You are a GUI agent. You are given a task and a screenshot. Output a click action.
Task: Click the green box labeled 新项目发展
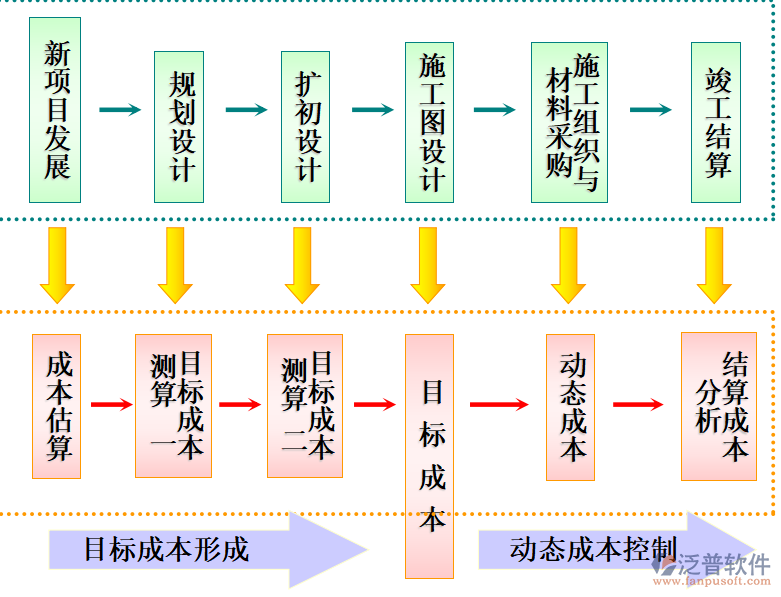pos(56,111)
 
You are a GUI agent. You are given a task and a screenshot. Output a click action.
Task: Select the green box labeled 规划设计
pos(179,127)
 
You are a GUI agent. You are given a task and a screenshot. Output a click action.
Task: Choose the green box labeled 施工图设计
pos(430,122)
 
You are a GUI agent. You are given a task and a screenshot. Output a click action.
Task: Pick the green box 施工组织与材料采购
pos(569,122)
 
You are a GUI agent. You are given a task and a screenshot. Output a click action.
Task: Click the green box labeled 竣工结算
pos(716,122)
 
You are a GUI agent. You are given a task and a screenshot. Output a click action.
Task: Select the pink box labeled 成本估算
pos(58,404)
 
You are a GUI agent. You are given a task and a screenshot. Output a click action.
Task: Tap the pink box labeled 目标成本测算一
pos(173,404)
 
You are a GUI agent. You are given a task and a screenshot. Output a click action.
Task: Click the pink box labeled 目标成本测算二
pos(305,404)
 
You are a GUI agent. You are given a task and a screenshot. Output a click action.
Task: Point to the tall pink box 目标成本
pos(430,455)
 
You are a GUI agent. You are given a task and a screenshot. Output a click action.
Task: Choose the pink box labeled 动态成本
pos(570,406)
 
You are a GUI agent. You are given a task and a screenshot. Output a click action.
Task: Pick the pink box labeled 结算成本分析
pos(718,405)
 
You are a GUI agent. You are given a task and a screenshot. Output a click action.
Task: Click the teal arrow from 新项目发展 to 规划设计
pos(119,109)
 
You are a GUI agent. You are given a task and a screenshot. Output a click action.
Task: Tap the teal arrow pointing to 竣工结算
pos(650,109)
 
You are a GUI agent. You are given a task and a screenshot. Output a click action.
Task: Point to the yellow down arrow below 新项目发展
pos(57,265)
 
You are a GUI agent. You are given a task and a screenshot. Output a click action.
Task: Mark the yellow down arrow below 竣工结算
pos(714,265)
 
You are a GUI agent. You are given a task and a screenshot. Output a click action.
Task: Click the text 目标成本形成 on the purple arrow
pos(165,549)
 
